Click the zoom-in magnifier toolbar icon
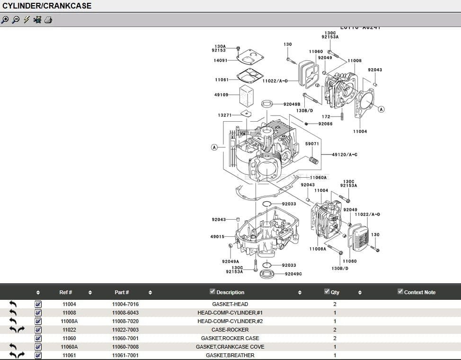tap(5, 19)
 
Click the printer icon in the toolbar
tap(48, 19)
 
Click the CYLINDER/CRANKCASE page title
tap(47, 6)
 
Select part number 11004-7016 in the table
tap(125, 304)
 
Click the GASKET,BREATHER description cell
tap(230, 355)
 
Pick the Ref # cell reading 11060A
tap(69, 347)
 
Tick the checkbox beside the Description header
tap(213, 291)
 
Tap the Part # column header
tap(122, 292)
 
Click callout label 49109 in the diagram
tap(221, 95)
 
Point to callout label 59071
tap(312, 144)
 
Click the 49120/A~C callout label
tap(345, 154)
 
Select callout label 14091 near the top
tap(220, 61)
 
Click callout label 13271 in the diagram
tap(224, 115)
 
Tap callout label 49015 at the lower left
tap(217, 236)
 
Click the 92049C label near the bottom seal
tap(293, 274)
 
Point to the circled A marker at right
tap(381, 109)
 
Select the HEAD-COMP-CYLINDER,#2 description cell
tap(230, 321)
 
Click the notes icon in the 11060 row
tap(38, 338)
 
